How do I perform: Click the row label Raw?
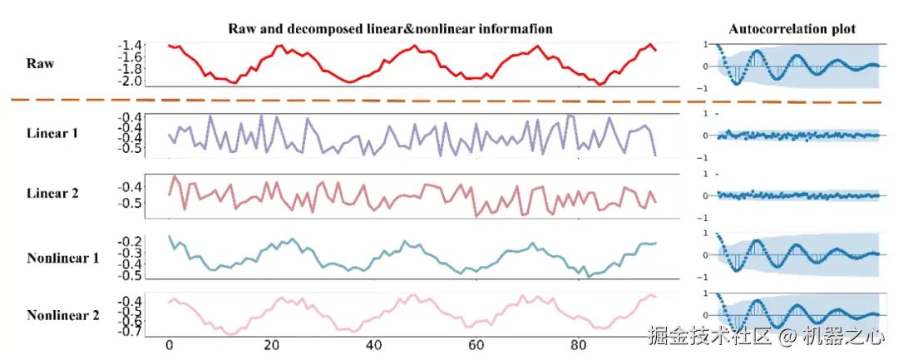pyautogui.click(x=40, y=62)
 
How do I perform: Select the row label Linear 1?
pyautogui.click(x=52, y=132)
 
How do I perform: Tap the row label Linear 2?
pyautogui.click(x=52, y=193)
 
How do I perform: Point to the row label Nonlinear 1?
pyautogui.click(x=62, y=258)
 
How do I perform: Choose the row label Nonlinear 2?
pyautogui.click(x=62, y=315)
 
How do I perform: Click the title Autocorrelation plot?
pyautogui.click(x=792, y=29)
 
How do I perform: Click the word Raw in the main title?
pyautogui.click(x=244, y=29)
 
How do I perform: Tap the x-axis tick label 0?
pyautogui.click(x=169, y=345)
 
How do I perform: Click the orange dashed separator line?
pyautogui.click(x=416, y=101)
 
